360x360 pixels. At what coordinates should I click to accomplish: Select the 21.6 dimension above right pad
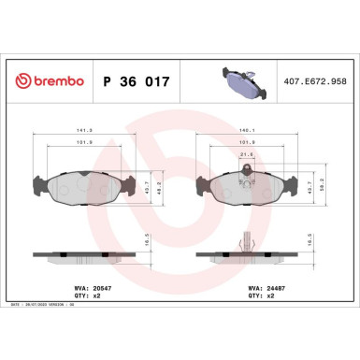pyautogui.click(x=245, y=155)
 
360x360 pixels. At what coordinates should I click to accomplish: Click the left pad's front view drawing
pyautogui.click(x=83, y=189)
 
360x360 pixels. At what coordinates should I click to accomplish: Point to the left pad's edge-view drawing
pyautogui.click(x=83, y=255)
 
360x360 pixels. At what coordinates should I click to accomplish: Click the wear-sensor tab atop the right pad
pyautogui.click(x=245, y=169)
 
